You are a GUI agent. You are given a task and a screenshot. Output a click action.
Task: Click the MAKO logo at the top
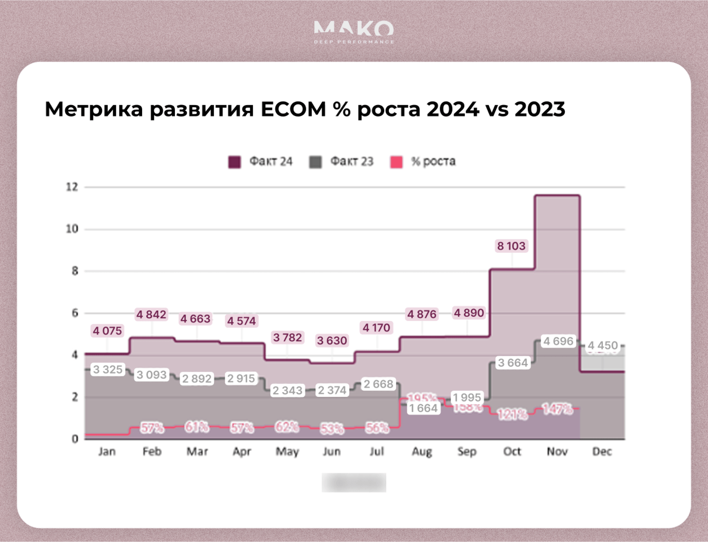pos(353,31)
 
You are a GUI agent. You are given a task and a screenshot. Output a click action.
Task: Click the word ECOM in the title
pos(293,109)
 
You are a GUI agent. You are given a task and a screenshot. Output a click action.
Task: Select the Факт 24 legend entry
pos(260,161)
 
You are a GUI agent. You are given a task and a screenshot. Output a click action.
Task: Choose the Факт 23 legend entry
pos(341,161)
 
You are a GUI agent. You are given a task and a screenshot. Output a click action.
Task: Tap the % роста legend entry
pos(423,161)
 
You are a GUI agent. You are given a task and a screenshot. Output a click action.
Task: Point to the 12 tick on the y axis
pos(72,187)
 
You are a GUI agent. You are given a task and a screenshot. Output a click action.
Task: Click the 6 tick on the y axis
pos(74,313)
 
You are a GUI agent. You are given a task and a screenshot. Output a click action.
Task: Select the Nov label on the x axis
pos(557,452)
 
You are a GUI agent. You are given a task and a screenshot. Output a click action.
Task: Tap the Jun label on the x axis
pos(332,452)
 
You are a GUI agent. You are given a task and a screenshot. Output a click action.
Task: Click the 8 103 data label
pos(511,246)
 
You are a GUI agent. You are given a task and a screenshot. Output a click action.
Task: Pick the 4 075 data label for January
pos(107,331)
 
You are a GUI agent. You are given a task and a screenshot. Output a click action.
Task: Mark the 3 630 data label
pos(332,341)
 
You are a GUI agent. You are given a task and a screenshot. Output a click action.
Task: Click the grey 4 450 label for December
pos(602,346)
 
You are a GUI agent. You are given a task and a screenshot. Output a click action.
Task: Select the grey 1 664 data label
pos(424,408)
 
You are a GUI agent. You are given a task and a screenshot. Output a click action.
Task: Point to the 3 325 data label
pos(108,369)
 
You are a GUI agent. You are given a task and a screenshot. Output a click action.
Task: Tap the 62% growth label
pos(287,426)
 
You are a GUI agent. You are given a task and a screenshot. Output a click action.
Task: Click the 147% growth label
pos(557,409)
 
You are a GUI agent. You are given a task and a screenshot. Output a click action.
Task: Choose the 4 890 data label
pos(469,313)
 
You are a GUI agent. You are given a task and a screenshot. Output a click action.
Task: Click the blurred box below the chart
pos(354,482)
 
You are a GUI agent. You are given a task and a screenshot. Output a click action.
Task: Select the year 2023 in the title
pos(539,109)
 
